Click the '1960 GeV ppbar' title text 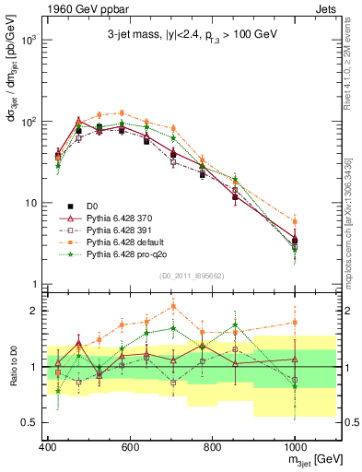77,11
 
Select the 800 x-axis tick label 212,447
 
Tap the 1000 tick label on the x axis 294,447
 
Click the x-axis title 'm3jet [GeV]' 312,460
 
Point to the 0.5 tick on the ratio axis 31,422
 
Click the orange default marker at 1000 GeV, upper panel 295,221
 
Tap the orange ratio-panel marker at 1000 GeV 295,322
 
